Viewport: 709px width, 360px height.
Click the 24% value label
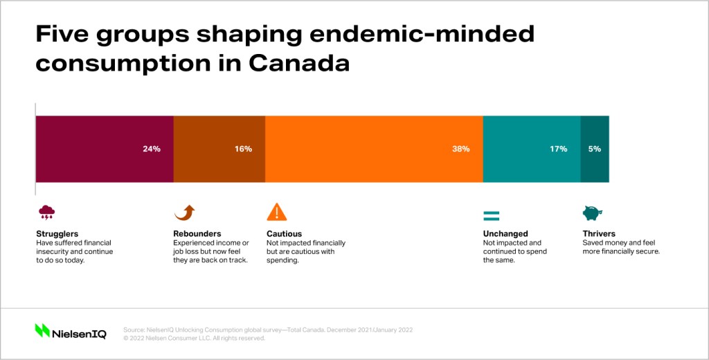click(x=152, y=149)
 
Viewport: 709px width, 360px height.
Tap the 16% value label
click(x=243, y=149)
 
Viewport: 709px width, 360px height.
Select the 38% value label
click(x=460, y=149)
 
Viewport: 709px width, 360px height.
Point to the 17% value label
click(x=559, y=149)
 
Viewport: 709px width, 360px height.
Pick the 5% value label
click(x=595, y=149)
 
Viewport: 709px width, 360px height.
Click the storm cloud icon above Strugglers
click(x=46, y=212)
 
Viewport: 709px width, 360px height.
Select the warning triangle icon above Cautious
click(x=277, y=212)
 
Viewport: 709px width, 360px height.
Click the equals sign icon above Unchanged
click(x=491, y=216)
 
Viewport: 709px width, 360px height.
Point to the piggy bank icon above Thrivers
click(x=593, y=213)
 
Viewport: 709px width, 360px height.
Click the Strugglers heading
click(x=57, y=234)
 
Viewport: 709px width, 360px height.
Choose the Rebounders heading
click(x=197, y=234)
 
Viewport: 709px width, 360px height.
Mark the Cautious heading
click(x=284, y=234)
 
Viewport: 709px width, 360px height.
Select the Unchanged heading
click(x=505, y=234)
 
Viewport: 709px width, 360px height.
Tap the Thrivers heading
click(x=599, y=234)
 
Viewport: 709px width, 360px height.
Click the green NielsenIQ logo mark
click(x=42, y=330)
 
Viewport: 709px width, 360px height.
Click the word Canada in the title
click(x=299, y=63)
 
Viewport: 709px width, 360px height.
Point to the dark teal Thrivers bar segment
click(x=595, y=150)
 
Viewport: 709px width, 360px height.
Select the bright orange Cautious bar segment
click(x=374, y=150)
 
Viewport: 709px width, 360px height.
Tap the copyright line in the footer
click(x=194, y=338)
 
